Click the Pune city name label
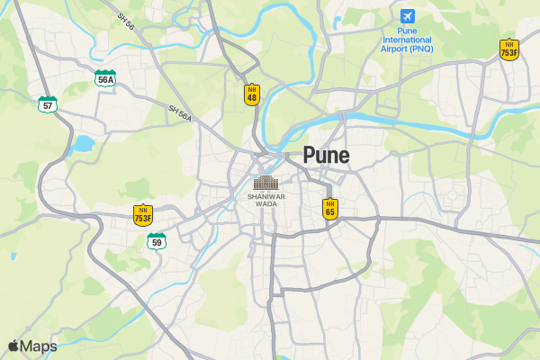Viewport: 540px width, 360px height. point(326,156)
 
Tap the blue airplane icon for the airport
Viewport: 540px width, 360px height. point(408,16)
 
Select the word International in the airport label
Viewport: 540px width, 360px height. point(407,40)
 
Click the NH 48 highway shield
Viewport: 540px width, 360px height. point(252,94)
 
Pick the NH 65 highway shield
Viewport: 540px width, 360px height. point(330,209)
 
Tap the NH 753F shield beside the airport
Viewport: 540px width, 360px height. point(509,49)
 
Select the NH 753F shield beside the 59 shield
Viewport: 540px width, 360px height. point(143,215)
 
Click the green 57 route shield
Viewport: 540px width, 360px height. point(48,104)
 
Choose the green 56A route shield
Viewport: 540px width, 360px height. point(105,78)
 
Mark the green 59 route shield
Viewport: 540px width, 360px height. point(157,241)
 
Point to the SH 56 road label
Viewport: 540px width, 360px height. point(125,22)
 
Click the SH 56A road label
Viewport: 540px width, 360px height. point(180,112)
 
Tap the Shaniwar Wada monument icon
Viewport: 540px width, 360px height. point(265,183)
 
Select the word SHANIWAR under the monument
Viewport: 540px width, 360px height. point(265,196)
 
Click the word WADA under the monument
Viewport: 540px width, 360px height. point(265,204)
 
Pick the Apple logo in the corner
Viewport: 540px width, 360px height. point(13,346)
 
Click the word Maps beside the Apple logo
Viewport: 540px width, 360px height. point(39,346)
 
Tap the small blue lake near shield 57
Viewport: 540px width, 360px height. point(83,143)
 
